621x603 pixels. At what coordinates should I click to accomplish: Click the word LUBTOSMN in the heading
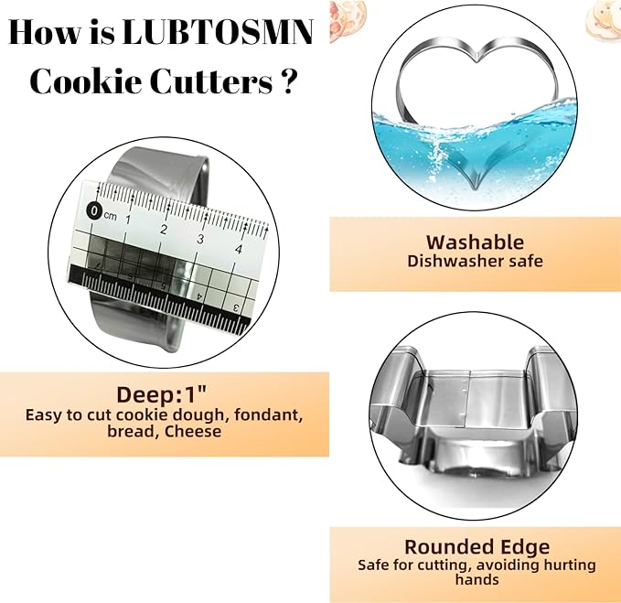(218, 33)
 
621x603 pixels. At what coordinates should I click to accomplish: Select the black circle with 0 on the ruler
(94, 210)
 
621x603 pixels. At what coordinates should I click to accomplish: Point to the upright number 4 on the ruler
(239, 249)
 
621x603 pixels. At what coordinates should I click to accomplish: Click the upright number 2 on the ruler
(164, 230)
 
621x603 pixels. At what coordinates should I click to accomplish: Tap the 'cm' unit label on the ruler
(110, 216)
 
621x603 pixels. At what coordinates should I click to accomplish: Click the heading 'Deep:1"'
(162, 394)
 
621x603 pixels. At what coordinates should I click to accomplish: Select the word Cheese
(192, 432)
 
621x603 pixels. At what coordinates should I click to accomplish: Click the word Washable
(475, 242)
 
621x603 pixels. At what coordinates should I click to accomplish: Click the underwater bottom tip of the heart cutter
(475, 188)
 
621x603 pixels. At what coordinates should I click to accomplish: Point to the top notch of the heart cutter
(478, 59)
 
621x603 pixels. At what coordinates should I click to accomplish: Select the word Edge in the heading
(525, 548)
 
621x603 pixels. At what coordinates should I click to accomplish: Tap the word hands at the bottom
(476, 579)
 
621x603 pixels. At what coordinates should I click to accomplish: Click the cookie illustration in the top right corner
(604, 15)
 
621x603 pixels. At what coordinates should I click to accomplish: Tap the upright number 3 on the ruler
(200, 240)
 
